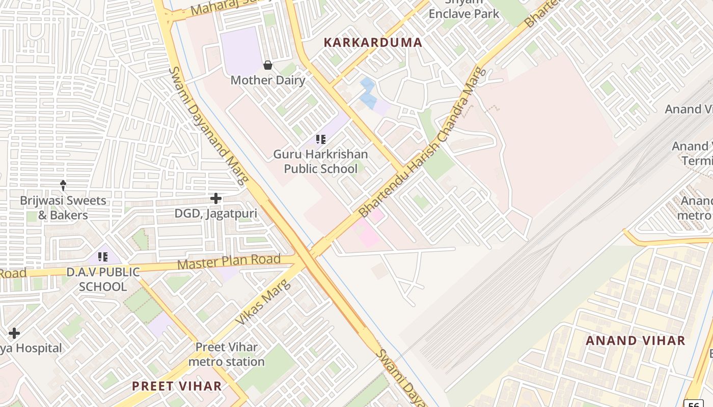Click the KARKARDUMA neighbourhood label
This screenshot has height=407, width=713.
pyautogui.click(x=373, y=43)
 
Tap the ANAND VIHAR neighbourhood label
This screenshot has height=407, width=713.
pyautogui.click(x=635, y=341)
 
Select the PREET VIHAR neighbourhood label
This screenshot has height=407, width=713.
pyautogui.click(x=177, y=386)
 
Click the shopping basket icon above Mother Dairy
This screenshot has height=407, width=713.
pyautogui.click(x=268, y=65)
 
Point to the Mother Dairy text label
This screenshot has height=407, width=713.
pyautogui.click(x=268, y=80)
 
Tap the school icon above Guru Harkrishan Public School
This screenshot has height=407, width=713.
pyautogui.click(x=320, y=139)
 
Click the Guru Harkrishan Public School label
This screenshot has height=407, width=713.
pyautogui.click(x=320, y=161)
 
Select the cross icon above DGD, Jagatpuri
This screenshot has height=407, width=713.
pyautogui.click(x=216, y=198)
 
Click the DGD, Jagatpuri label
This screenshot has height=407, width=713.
pyautogui.click(x=216, y=214)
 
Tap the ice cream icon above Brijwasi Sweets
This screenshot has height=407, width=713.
pyautogui.click(x=63, y=185)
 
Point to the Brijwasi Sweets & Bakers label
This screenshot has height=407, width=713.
pyautogui.click(x=63, y=208)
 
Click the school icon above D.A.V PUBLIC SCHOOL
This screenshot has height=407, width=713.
pyautogui.click(x=102, y=257)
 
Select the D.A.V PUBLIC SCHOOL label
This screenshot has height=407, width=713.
pyautogui.click(x=102, y=279)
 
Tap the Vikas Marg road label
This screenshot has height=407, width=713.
pyautogui.click(x=263, y=302)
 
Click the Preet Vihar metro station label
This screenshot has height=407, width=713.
pyautogui.click(x=226, y=355)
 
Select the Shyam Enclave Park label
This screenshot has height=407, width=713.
pyautogui.click(x=463, y=10)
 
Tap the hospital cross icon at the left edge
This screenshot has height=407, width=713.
pyautogui.click(x=14, y=333)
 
